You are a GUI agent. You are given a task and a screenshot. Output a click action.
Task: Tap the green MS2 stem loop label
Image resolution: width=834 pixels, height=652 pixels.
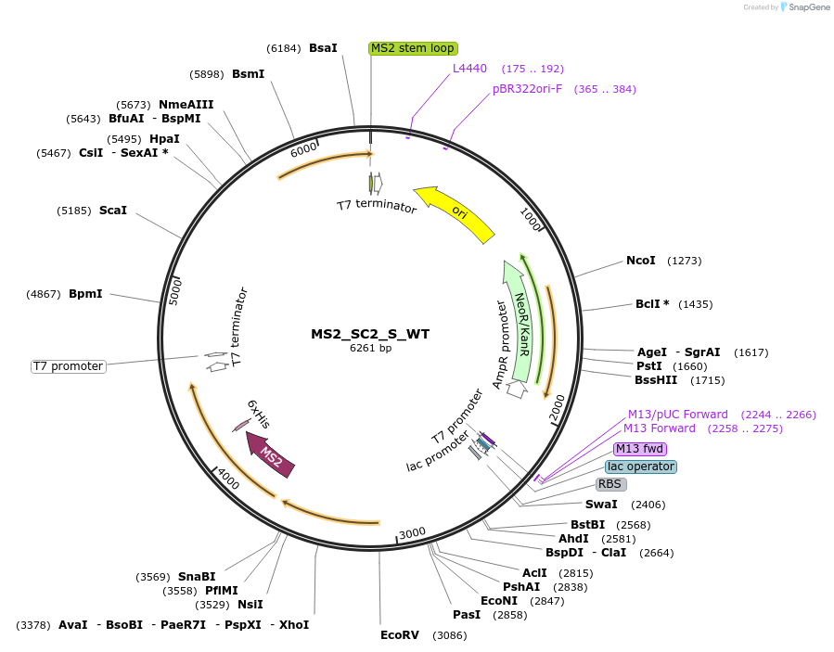tap(412, 48)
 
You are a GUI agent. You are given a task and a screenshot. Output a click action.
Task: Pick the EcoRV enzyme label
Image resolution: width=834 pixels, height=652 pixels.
tap(400, 635)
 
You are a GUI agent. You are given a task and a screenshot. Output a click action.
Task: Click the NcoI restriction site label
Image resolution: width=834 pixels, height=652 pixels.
tap(640, 261)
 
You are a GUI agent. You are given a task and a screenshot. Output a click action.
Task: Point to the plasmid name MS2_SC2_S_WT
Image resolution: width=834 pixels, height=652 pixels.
tap(370, 334)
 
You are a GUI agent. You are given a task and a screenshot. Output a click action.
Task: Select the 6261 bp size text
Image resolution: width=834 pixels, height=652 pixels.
tap(370, 349)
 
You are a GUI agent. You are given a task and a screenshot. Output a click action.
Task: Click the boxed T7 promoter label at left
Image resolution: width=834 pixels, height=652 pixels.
tap(69, 366)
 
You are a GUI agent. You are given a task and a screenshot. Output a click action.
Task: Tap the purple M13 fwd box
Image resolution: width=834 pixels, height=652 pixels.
tap(640, 449)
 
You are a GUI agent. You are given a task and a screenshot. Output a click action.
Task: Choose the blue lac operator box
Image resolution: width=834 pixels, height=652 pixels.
tap(641, 467)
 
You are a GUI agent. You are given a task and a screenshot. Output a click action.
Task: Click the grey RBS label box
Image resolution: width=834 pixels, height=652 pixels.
tap(609, 484)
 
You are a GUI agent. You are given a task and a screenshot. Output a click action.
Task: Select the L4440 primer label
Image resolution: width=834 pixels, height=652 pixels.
tap(469, 69)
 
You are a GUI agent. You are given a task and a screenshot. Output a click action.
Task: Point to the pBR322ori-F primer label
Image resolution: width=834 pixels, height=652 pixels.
tap(527, 89)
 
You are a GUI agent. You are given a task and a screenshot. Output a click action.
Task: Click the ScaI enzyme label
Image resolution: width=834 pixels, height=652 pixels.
tap(112, 211)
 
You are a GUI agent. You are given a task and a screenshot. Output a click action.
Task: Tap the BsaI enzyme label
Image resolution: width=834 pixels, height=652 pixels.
tap(323, 47)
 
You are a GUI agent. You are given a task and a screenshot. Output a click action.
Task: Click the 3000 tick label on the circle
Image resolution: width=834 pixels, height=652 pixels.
tap(412, 532)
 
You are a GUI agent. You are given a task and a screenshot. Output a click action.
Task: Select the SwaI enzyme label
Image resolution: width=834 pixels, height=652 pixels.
tap(600, 505)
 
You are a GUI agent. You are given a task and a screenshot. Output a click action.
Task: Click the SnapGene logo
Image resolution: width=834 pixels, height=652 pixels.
tap(804, 7)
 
